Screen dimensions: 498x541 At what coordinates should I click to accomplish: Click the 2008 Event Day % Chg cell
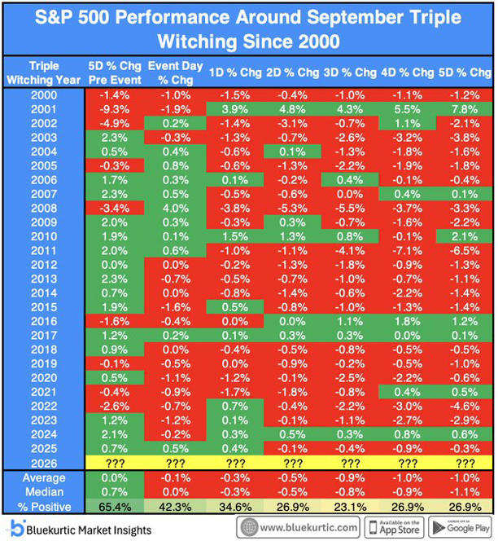coord(176,209)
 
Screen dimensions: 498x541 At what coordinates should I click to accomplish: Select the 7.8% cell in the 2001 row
coord(465,109)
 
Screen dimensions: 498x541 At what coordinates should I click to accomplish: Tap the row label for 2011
coord(44,251)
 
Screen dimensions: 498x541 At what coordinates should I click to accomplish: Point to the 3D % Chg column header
coord(350,73)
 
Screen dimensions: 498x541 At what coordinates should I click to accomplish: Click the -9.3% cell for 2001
coord(115,109)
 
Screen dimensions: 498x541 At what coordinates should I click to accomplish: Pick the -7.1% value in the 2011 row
coord(408,251)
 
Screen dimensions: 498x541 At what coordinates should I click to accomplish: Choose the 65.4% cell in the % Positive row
coord(115,507)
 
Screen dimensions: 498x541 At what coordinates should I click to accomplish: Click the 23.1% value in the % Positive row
coord(350,507)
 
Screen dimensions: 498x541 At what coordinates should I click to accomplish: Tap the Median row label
coord(44,492)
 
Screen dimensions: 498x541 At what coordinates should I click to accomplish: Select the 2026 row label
coord(44,464)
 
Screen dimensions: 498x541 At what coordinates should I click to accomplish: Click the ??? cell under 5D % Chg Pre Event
coord(115,463)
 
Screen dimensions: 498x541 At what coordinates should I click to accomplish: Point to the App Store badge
coord(395,527)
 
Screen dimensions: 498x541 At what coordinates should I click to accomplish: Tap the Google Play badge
coord(461,527)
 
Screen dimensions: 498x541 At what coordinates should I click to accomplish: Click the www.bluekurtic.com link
coord(299,527)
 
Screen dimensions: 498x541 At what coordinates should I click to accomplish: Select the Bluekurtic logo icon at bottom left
coord(17,529)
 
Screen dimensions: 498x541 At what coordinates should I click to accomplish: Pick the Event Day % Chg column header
coord(176,73)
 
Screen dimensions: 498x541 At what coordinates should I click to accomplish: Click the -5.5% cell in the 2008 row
coord(350,209)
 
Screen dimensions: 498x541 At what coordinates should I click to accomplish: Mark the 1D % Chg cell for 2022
coord(235,407)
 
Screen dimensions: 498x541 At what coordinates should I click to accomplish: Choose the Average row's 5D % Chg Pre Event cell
coord(115,478)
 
